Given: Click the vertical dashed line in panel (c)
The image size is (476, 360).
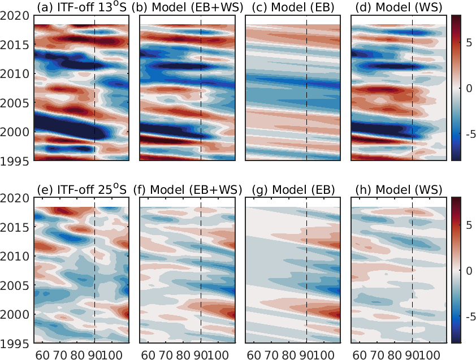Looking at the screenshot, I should pos(306,85).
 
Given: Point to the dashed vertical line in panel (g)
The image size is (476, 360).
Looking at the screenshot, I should pos(306,271).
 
